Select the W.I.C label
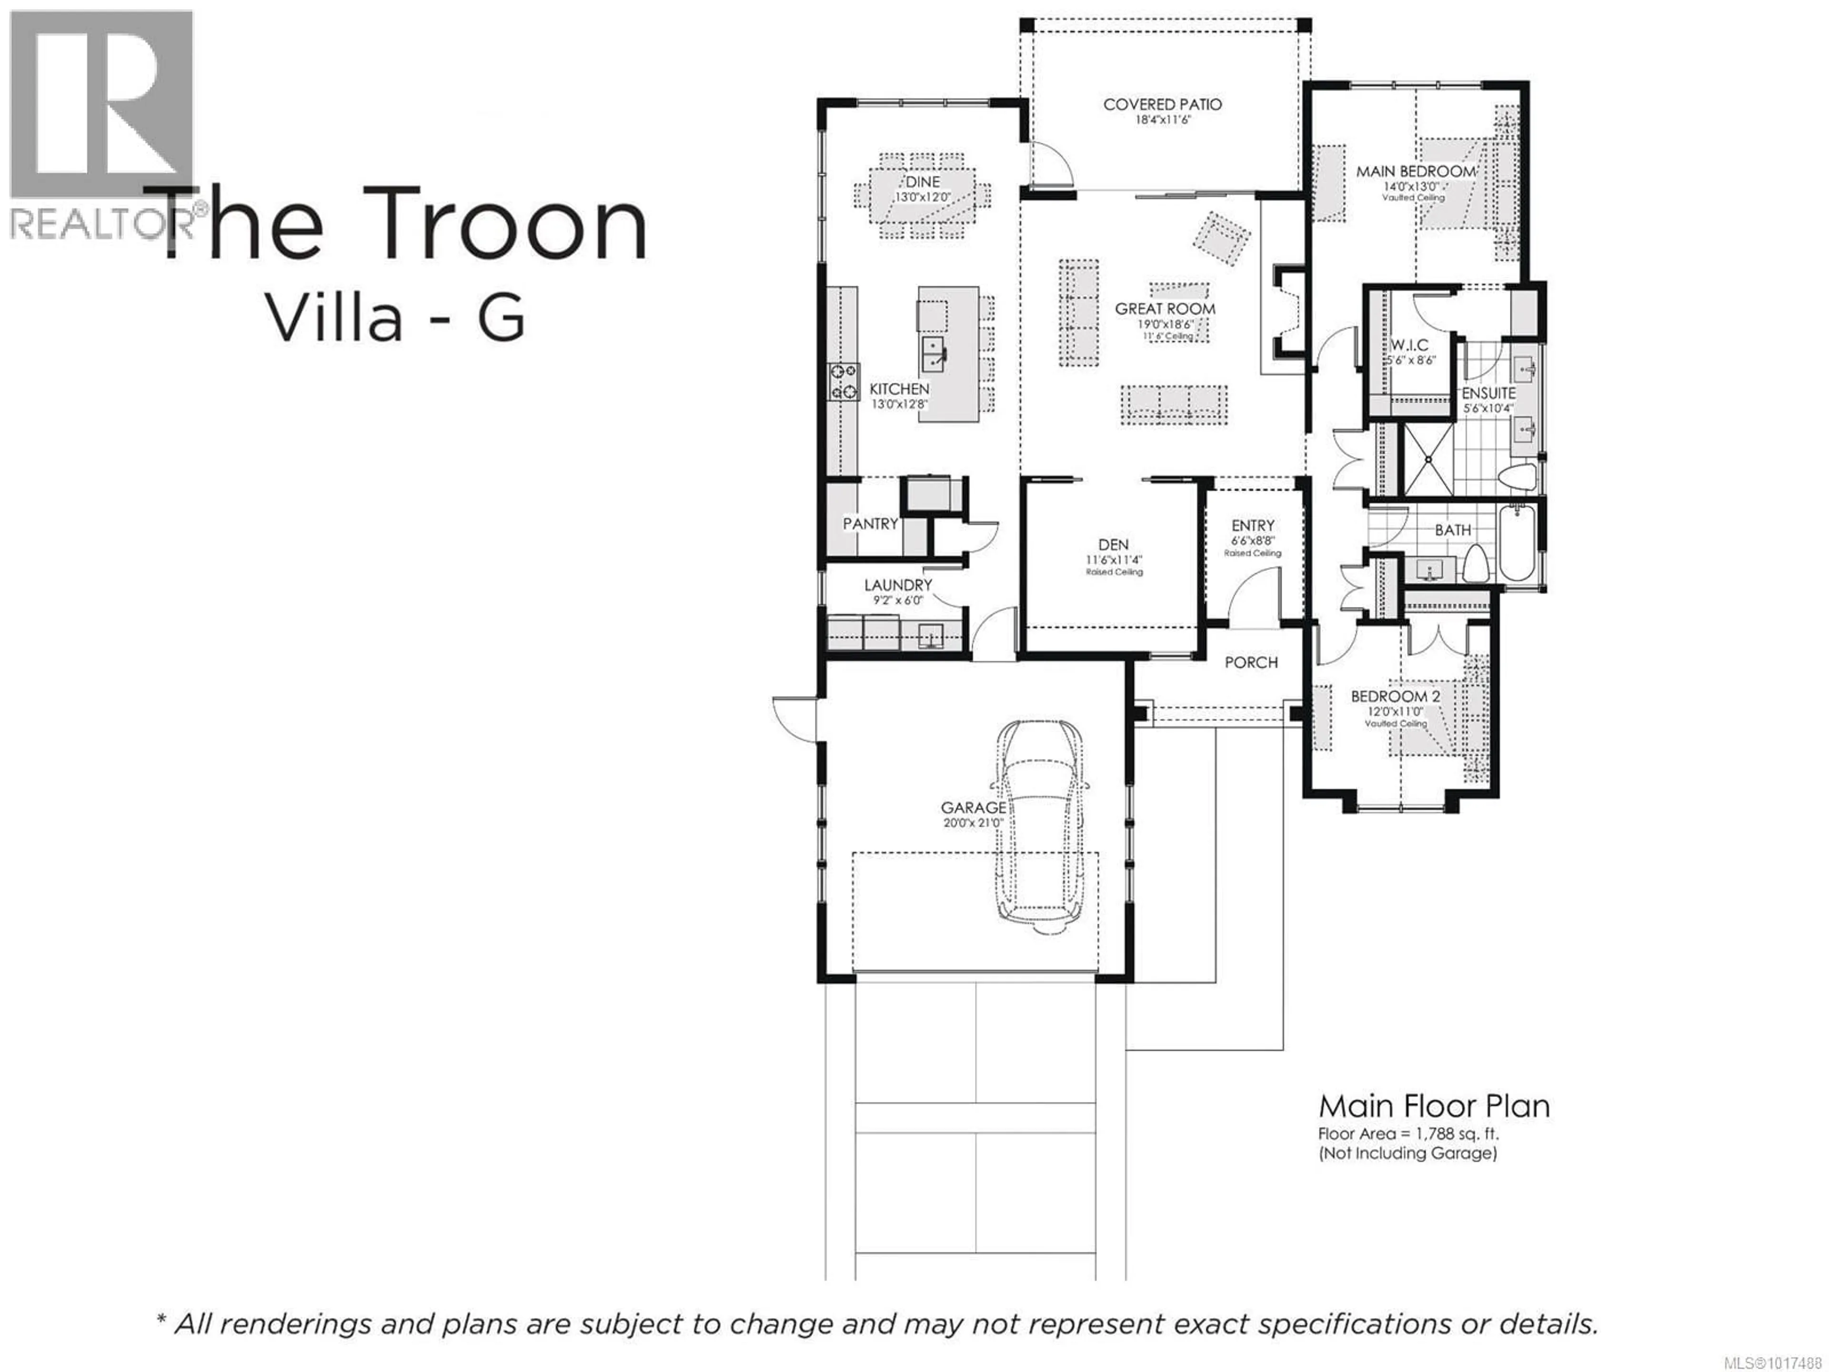tap(1409, 345)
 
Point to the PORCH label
tap(1251, 663)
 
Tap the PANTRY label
tap(870, 524)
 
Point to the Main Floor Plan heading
tap(1434, 1107)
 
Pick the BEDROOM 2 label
tap(1396, 696)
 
